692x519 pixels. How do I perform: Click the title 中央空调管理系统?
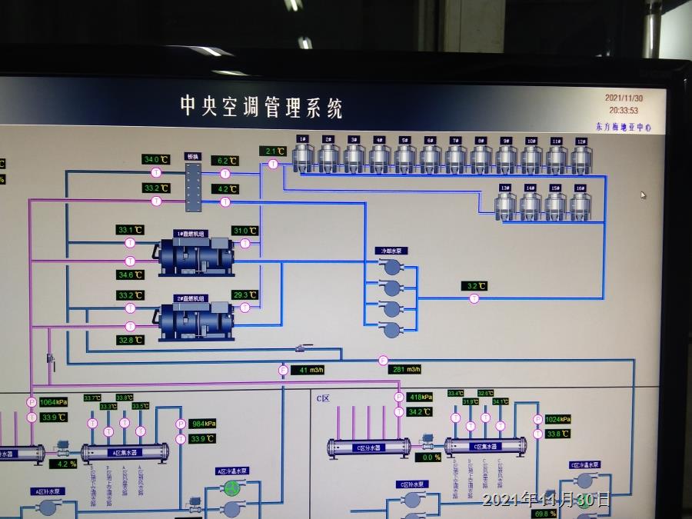pyautogui.click(x=261, y=107)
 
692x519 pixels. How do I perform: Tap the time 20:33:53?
pyautogui.click(x=624, y=110)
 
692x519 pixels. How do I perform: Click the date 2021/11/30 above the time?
pyautogui.click(x=624, y=98)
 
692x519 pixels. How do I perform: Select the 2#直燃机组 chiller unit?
pyautogui.click(x=195, y=321)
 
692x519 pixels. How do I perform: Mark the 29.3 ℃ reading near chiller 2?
pyautogui.click(x=245, y=294)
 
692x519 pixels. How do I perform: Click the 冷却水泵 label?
pyautogui.click(x=388, y=251)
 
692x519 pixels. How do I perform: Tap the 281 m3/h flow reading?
pyautogui.click(x=407, y=370)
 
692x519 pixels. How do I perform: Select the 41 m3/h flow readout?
pyautogui.click(x=311, y=370)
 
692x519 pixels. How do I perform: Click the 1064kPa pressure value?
pyautogui.click(x=52, y=401)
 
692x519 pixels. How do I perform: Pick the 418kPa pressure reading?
pyautogui.click(x=420, y=397)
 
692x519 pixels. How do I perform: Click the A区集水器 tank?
pyautogui.click(x=125, y=451)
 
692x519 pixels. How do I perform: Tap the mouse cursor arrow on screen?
pyautogui.click(x=643, y=195)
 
